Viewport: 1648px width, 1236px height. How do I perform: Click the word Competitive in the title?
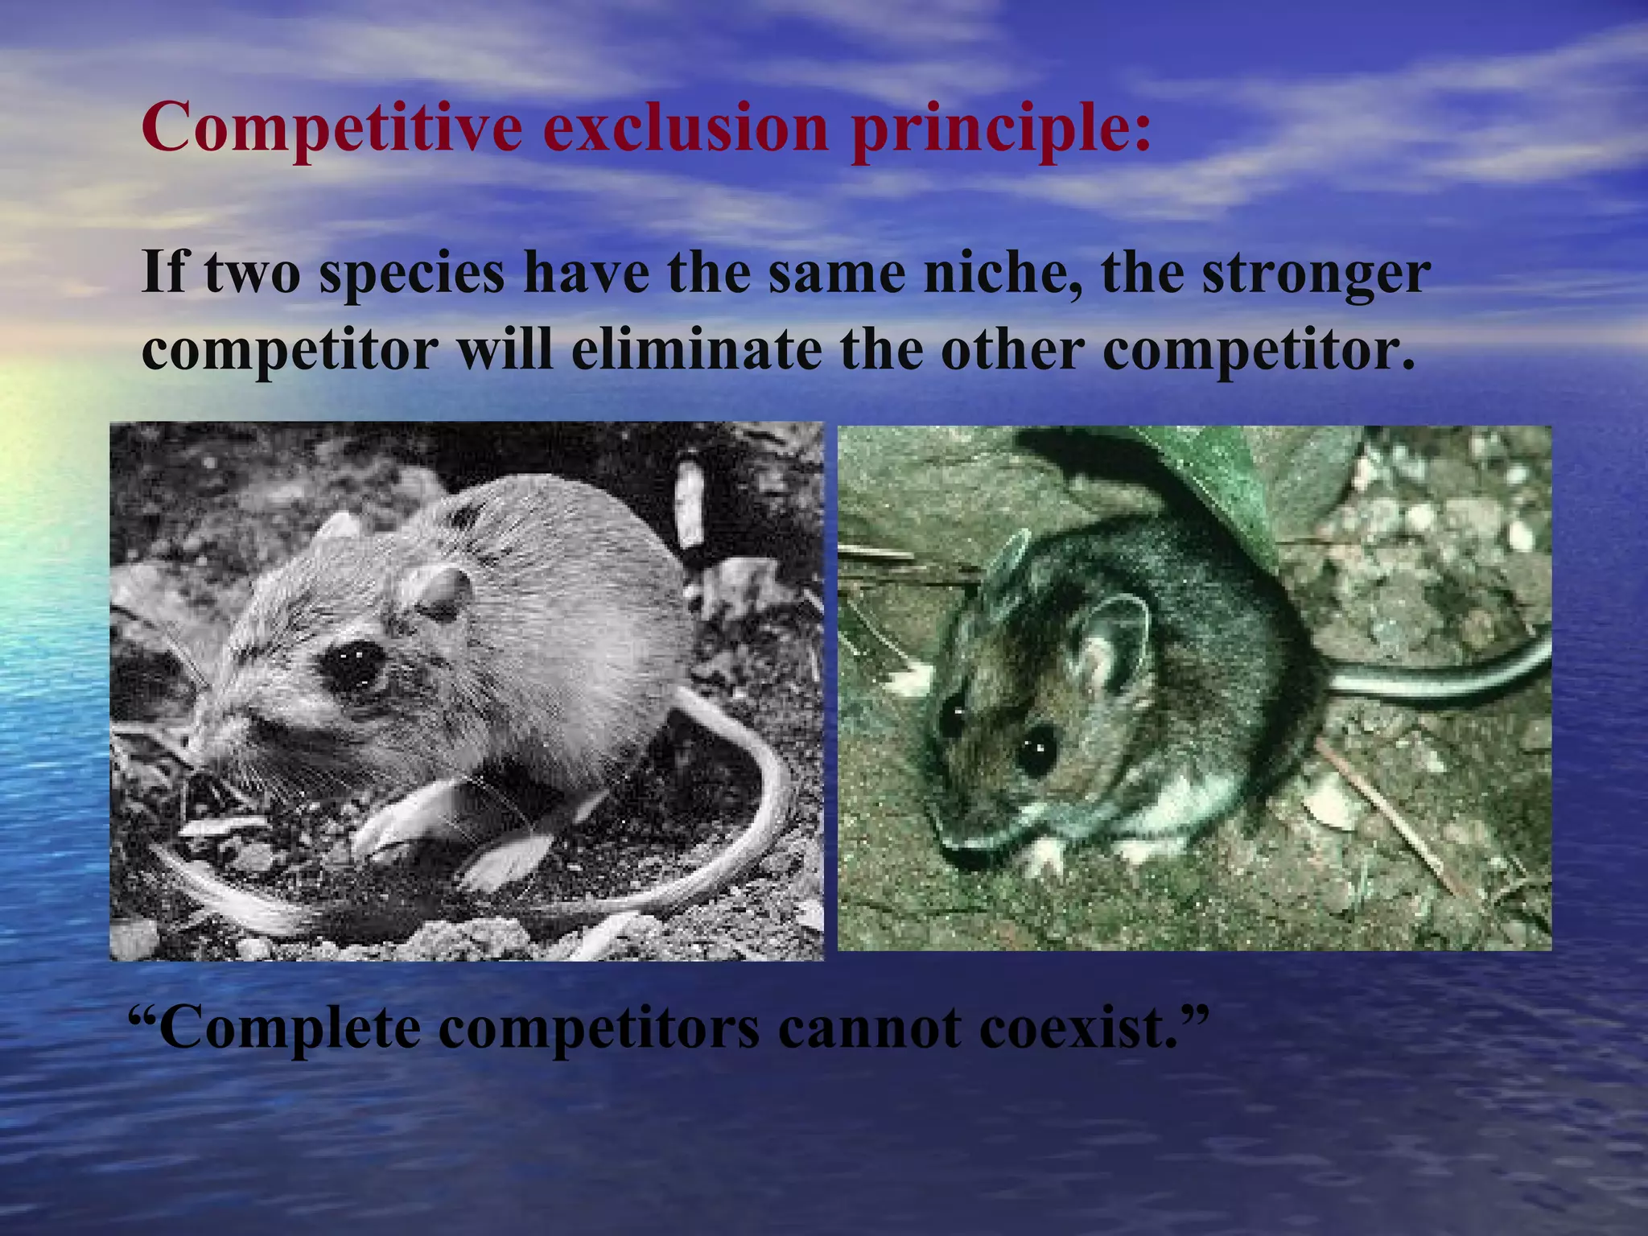331,129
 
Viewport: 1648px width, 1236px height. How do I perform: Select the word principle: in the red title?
1001,129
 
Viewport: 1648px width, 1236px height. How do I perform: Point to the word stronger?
1316,274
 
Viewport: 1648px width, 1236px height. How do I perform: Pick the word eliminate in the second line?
697,350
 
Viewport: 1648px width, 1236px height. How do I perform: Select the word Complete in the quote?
290,1028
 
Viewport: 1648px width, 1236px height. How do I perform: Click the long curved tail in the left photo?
760,772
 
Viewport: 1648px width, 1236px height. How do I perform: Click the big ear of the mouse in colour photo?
1114,644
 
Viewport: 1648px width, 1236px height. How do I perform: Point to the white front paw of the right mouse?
1046,853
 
